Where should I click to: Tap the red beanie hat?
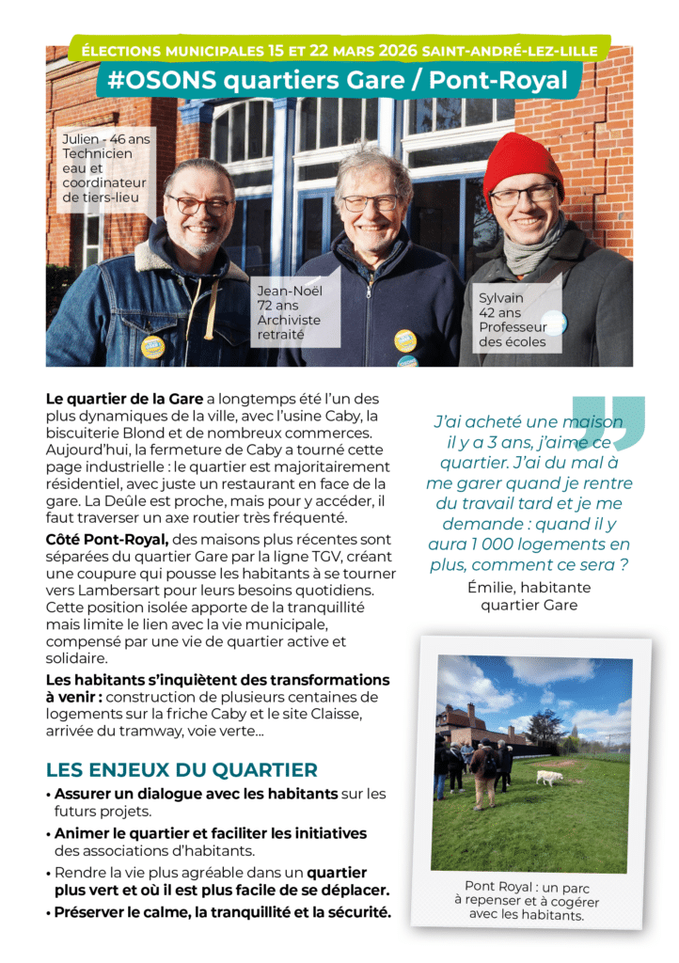pyautogui.click(x=523, y=162)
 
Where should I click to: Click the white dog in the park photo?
pyautogui.click(x=548, y=777)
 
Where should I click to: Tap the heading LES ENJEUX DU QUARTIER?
pyautogui.click(x=182, y=770)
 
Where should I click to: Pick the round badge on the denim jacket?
pyautogui.click(x=152, y=346)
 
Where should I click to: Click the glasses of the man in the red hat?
pyautogui.click(x=523, y=196)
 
